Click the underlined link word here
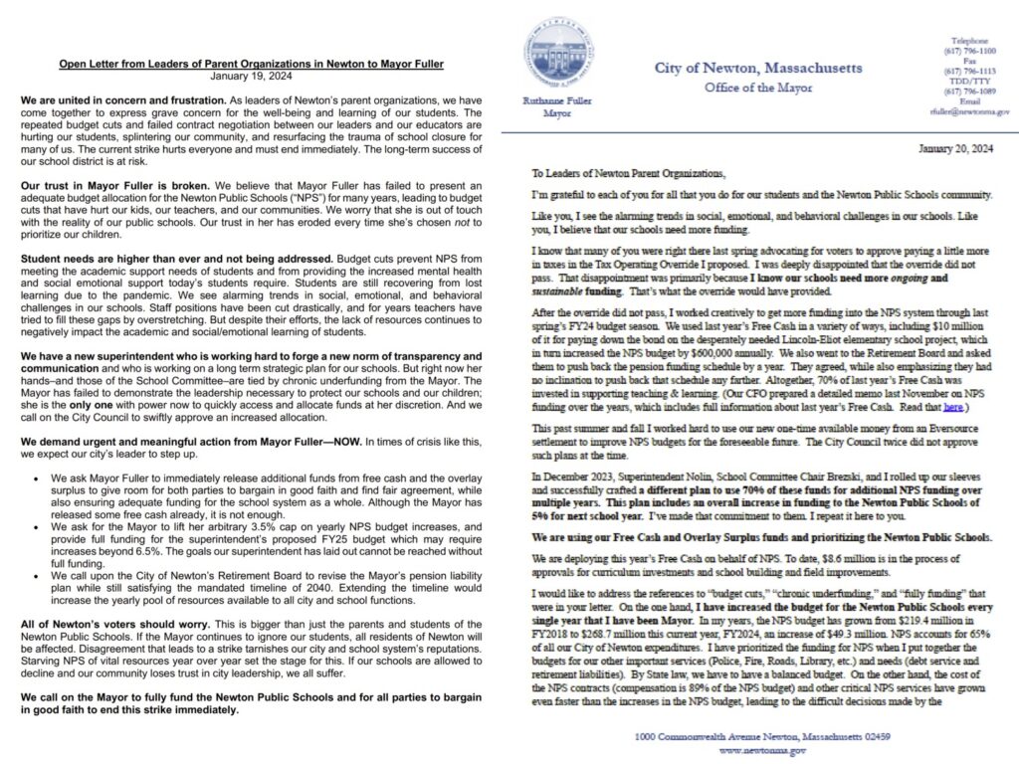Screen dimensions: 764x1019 [x=953, y=407]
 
